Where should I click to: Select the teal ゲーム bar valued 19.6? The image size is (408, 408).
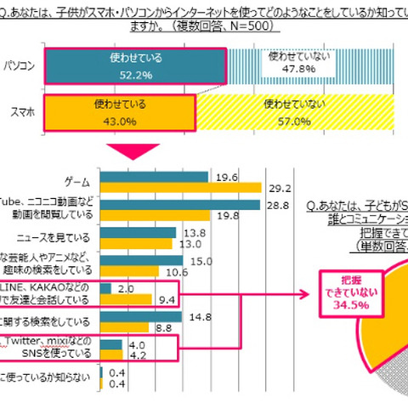tap(154, 177)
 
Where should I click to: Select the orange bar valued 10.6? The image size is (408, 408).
tap(127, 273)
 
